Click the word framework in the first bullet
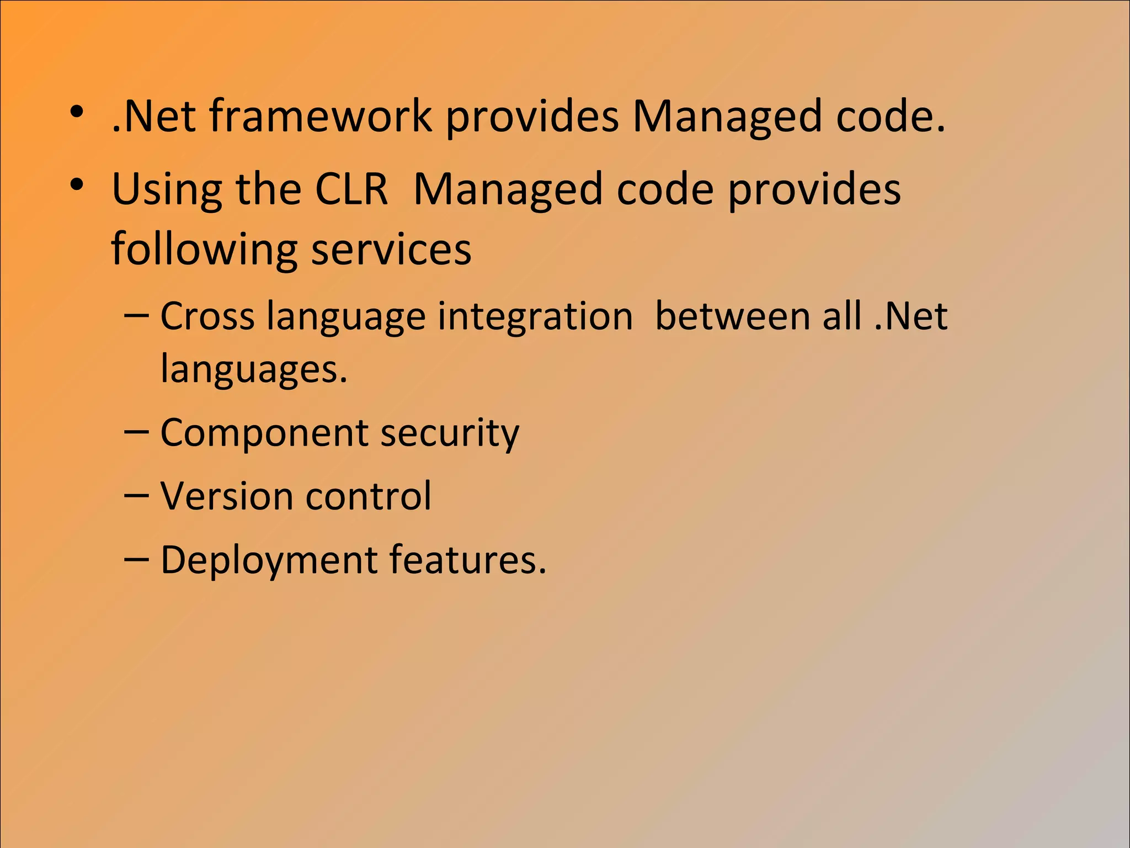coord(320,116)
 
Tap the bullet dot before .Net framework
coord(77,113)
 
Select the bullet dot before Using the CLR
coord(77,185)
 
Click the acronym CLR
coord(351,189)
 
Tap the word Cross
coord(207,316)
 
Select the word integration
coord(535,316)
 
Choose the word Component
coord(264,433)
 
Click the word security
coord(450,433)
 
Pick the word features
coord(468,560)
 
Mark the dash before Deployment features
coord(136,559)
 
